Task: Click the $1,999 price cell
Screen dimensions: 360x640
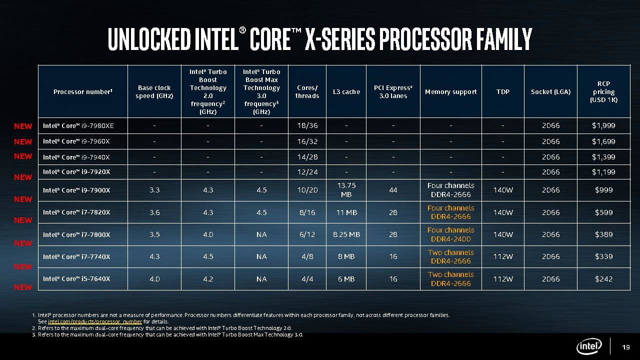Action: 603,125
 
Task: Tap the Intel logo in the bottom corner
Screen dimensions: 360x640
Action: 589,346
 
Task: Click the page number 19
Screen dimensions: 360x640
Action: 625,347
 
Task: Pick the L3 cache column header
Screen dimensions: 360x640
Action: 346,91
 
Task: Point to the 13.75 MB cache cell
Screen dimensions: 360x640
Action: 346,189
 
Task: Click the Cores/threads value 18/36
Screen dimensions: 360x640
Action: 307,125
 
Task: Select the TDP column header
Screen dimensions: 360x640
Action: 502,91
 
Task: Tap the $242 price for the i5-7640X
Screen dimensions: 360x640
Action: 603,278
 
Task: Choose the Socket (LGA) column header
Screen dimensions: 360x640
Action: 550,91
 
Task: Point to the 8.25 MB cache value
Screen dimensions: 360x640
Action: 346,234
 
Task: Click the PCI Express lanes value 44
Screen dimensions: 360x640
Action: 393,190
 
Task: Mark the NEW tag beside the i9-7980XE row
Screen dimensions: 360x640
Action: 23,126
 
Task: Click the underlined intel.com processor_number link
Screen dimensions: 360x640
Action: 95,321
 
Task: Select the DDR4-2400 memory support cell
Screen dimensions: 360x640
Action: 450,239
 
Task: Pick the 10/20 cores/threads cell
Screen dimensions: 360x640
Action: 307,190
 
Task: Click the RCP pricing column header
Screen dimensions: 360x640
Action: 603,91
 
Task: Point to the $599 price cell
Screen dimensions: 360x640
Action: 603,212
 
